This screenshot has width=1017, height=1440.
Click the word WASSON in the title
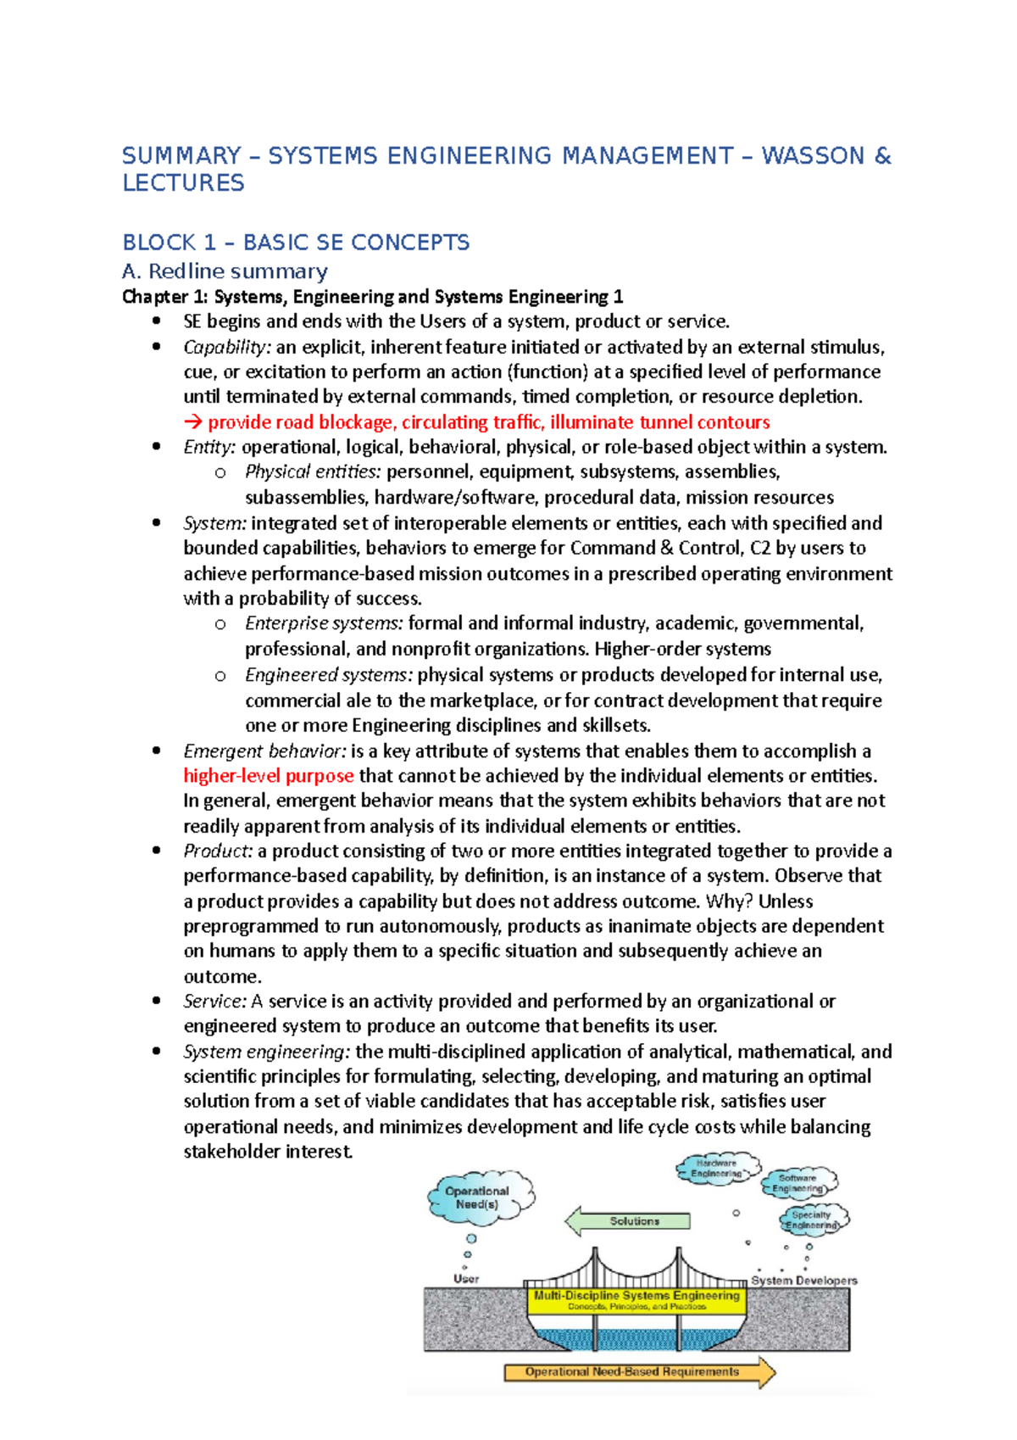click(x=813, y=156)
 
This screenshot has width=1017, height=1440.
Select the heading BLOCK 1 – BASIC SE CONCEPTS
click(x=296, y=243)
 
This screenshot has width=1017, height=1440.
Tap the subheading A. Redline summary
click(x=225, y=271)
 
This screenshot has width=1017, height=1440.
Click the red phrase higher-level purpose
click(x=269, y=776)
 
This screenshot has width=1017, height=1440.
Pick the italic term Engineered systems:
click(x=329, y=675)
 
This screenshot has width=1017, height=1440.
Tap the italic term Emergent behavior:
click(x=264, y=751)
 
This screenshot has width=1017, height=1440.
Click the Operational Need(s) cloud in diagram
click(x=478, y=1197)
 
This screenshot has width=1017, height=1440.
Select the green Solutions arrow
click(x=628, y=1221)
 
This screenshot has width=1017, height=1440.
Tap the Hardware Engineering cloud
click(x=717, y=1169)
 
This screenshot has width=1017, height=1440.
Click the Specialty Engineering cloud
click(x=811, y=1220)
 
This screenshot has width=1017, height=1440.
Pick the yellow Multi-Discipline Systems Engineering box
click(x=636, y=1300)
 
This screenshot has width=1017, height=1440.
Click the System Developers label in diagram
click(x=803, y=1281)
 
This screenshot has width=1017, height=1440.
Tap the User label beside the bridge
click(x=466, y=1279)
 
